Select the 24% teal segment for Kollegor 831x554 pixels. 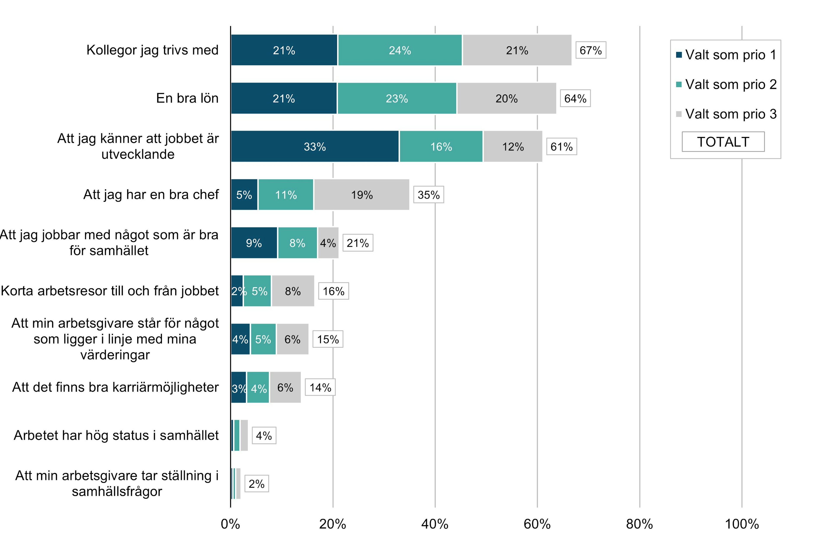pyautogui.click(x=400, y=50)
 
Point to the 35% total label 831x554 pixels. pyautogui.click(x=428, y=195)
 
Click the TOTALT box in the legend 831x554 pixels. pyautogui.click(x=723, y=142)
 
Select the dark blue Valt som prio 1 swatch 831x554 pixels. pyautogui.click(x=679, y=55)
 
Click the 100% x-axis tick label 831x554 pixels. pyautogui.click(x=742, y=524)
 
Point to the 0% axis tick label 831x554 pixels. pyautogui.click(x=230, y=524)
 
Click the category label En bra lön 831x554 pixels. pyautogui.click(x=187, y=98)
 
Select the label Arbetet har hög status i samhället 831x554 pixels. pyautogui.click(x=116, y=435)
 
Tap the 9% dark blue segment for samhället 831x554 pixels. pyautogui.click(x=254, y=243)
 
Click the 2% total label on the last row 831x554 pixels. pyautogui.click(x=256, y=484)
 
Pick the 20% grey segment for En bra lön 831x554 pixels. pyautogui.click(x=506, y=98)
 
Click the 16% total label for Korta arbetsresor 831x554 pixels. pyautogui.click(x=333, y=291)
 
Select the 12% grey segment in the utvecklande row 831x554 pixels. pyautogui.click(x=513, y=146)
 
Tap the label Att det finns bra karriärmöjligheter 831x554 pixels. pyautogui.click(x=115, y=387)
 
